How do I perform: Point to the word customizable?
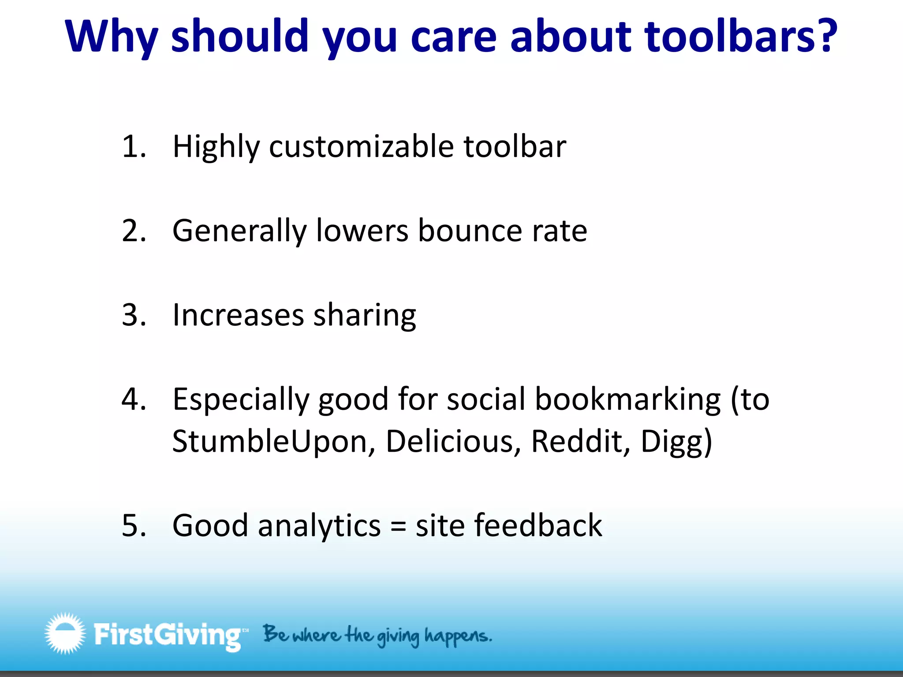[362, 147]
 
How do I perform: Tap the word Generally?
[239, 231]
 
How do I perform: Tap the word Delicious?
[450, 441]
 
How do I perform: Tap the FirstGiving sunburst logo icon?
[65, 633]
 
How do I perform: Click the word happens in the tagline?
[457, 636]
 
